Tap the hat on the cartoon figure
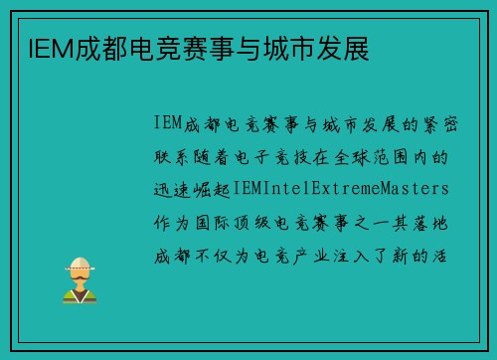click(x=79, y=264)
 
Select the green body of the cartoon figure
click(x=79, y=293)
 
